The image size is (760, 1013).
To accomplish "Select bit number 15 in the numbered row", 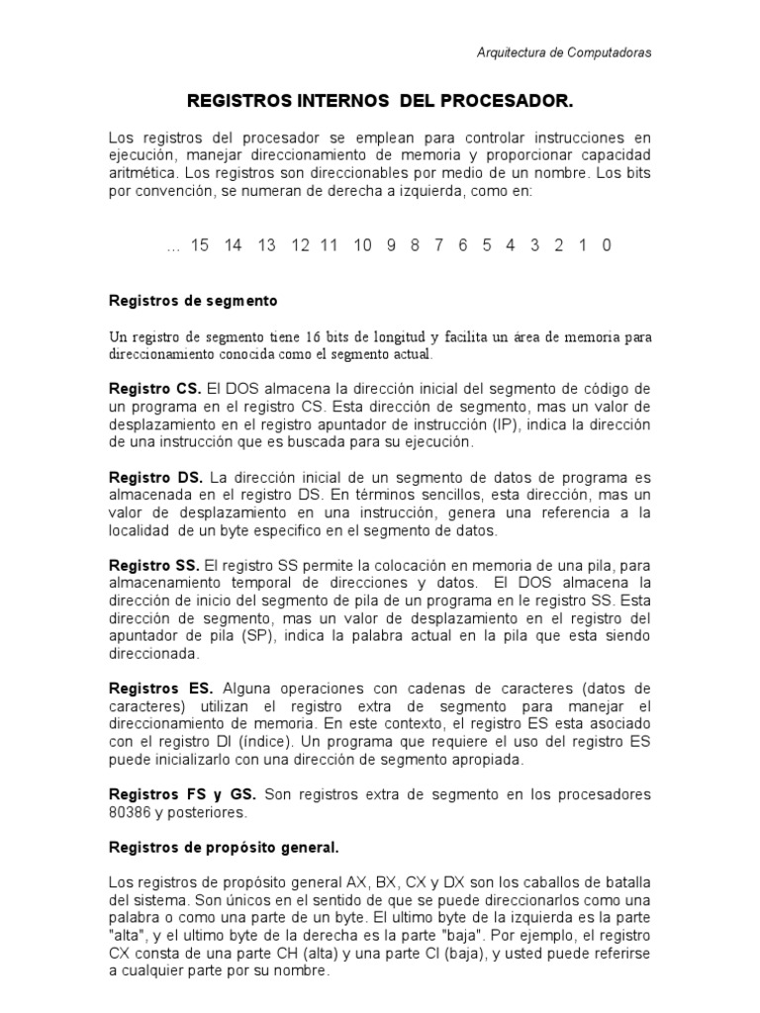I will [200, 245].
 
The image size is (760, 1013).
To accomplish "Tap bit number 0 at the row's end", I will [606, 245].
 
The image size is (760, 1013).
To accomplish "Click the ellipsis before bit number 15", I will [174, 247].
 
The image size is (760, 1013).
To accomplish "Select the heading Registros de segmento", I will [192, 299].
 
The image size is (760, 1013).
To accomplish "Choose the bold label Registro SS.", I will [153, 566].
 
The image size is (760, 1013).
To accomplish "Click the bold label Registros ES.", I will [159, 688].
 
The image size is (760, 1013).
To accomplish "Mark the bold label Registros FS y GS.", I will [182, 794].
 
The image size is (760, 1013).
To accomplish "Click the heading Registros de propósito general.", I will [223, 847].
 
